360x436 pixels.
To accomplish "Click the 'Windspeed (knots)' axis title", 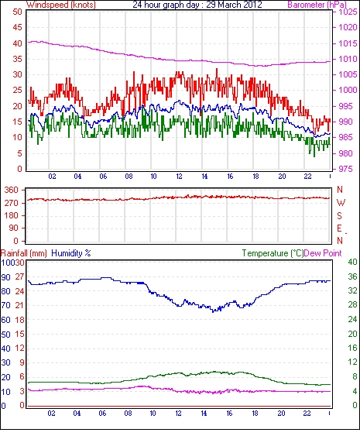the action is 61,5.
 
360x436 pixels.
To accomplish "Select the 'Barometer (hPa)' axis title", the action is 317,5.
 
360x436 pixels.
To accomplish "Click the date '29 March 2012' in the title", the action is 234,5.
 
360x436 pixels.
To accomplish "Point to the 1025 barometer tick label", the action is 348,12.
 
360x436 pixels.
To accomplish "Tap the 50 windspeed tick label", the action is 17,12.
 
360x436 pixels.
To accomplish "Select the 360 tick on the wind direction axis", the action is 12,191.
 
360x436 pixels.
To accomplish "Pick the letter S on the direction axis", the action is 339,216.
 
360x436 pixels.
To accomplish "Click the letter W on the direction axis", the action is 341,203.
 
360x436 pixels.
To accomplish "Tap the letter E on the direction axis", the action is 339,228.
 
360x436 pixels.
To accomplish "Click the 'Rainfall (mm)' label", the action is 24,253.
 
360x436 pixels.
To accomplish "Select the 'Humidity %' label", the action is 71,253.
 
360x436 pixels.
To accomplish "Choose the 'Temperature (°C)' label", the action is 273,253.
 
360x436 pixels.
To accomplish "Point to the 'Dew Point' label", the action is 323,253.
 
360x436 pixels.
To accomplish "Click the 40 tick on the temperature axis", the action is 352,262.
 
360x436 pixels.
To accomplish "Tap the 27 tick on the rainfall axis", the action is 19,277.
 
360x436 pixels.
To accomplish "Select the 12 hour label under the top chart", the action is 179,177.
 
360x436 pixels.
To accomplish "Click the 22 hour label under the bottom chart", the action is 307,414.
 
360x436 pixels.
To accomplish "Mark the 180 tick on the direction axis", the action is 12,215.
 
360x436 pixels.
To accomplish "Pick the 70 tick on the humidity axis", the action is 6,305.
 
